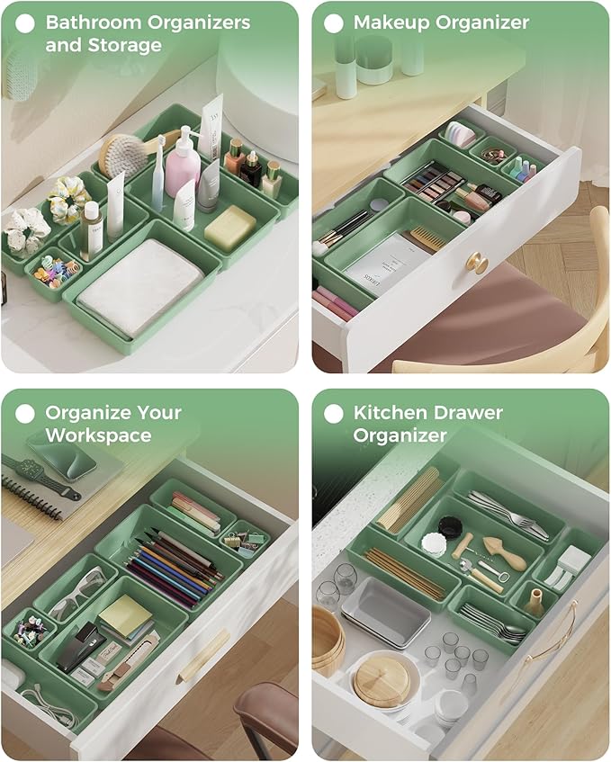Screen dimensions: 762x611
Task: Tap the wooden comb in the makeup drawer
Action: click(x=425, y=238)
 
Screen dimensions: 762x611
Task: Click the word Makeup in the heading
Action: click(x=390, y=22)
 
